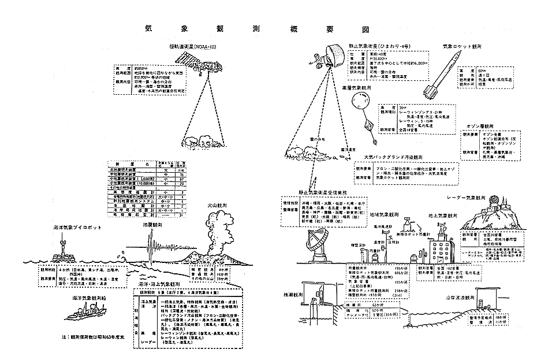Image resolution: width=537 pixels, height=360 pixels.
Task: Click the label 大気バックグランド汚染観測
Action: [399, 156]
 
